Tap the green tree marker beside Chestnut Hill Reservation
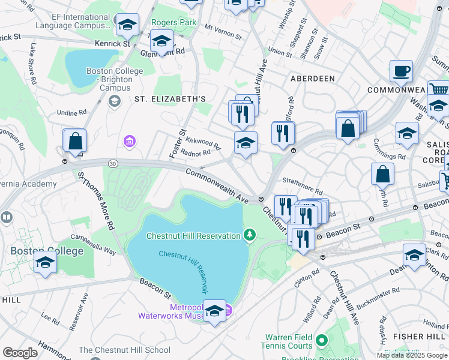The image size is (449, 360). (x=250, y=235)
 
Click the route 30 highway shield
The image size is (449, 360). (x=113, y=163)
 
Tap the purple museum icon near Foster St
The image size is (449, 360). (x=129, y=142)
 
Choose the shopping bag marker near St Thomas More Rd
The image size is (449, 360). (x=75, y=142)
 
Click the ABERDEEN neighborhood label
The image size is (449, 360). (x=312, y=79)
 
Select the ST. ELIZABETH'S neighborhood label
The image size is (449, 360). (x=170, y=99)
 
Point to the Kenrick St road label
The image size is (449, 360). (x=112, y=44)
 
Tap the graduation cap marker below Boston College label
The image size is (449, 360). (x=45, y=263)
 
